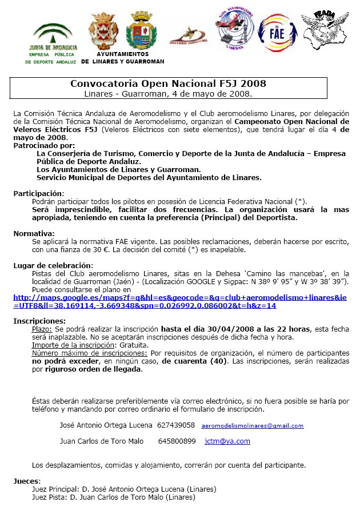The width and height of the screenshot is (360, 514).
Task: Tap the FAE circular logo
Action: (x=278, y=33)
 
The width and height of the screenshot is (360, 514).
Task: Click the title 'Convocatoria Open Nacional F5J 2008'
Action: (x=168, y=83)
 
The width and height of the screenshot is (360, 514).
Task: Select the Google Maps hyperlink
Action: (x=179, y=302)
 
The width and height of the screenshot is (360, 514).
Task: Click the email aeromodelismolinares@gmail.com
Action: (x=253, y=426)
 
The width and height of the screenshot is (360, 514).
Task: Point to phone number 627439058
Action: (x=176, y=425)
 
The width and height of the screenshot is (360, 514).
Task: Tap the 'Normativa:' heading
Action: (x=34, y=233)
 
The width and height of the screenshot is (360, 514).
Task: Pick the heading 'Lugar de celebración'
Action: (x=53, y=266)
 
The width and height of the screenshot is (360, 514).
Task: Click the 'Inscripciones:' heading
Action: (x=39, y=321)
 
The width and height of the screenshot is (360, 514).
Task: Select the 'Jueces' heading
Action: (x=27, y=481)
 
